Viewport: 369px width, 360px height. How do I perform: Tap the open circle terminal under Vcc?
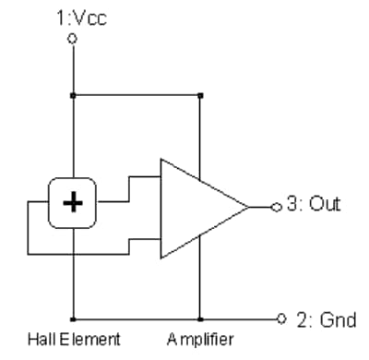[x=72, y=40]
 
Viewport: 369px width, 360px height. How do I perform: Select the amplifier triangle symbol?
[x=198, y=207]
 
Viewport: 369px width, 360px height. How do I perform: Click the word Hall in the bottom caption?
[x=42, y=338]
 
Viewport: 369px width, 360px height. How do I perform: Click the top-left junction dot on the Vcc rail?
[x=72, y=93]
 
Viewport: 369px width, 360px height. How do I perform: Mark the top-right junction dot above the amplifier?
[x=199, y=93]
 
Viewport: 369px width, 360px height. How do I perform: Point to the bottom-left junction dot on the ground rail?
[x=72, y=318]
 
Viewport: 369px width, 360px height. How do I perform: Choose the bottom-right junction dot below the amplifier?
[x=199, y=318]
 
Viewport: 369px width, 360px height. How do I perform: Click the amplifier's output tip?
[x=249, y=206]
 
